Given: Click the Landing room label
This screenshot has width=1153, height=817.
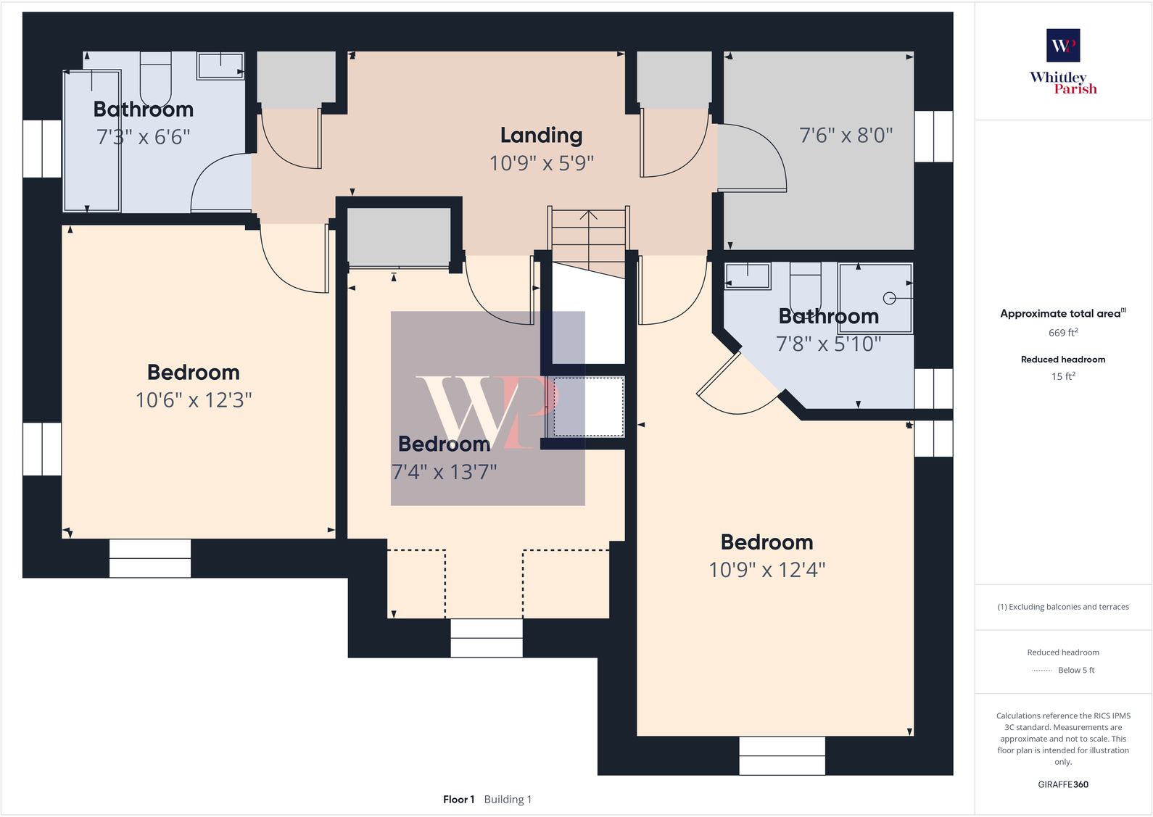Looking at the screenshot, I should pyautogui.click(x=541, y=136).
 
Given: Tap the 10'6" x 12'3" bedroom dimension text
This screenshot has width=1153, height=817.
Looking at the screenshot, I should pyautogui.click(x=194, y=400).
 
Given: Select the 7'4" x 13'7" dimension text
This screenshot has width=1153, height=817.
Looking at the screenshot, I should pyautogui.click(x=444, y=473).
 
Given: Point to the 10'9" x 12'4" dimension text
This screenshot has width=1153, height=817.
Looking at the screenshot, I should pyautogui.click(x=766, y=570).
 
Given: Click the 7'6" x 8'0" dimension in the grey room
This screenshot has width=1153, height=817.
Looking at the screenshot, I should pyautogui.click(x=846, y=136).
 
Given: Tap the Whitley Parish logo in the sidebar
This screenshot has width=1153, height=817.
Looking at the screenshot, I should pyautogui.click(x=1063, y=62).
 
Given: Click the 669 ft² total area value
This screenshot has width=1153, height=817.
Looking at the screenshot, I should pyautogui.click(x=1063, y=333).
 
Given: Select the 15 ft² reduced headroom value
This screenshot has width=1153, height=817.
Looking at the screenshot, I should pyautogui.click(x=1063, y=376).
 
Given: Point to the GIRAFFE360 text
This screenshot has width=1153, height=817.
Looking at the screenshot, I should pyautogui.click(x=1063, y=784).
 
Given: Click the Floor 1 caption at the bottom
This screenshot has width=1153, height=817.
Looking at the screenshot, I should pyautogui.click(x=458, y=800).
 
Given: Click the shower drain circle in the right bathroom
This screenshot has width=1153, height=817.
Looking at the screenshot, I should pyautogui.click(x=889, y=298).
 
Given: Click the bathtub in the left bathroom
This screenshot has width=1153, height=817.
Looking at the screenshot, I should pyautogui.click(x=92, y=141).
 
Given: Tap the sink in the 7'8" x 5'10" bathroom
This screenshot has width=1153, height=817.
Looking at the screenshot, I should pyautogui.click(x=747, y=276).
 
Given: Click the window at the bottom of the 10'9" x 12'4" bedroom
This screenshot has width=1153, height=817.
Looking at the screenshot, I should pyautogui.click(x=782, y=755).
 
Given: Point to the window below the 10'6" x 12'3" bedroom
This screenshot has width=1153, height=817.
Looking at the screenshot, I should pyautogui.click(x=150, y=558).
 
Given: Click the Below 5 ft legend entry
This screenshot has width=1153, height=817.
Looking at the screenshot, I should pyautogui.click(x=1075, y=671).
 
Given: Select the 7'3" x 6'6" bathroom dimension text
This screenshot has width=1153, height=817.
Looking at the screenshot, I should pyautogui.click(x=144, y=137).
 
